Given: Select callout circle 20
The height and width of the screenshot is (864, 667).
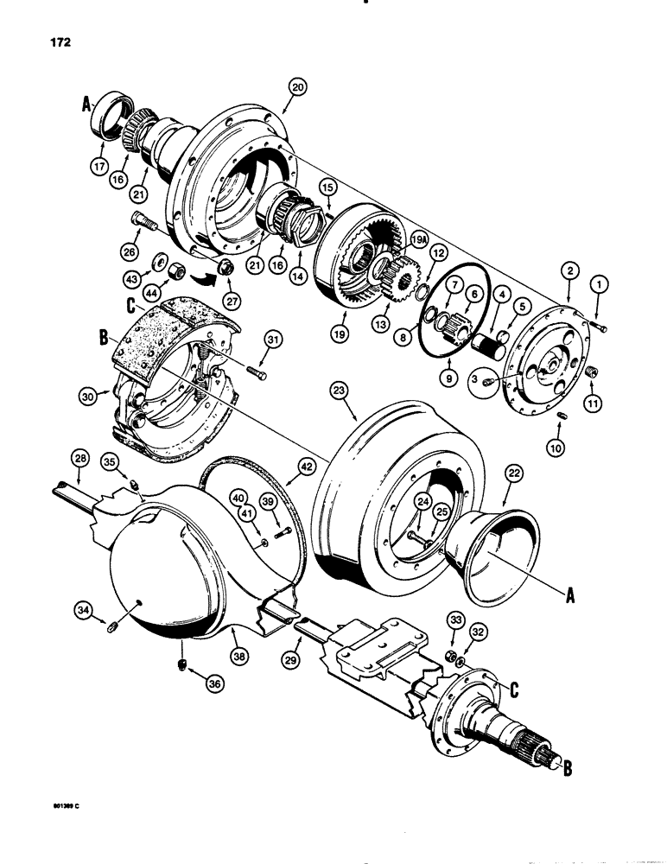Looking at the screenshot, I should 297,87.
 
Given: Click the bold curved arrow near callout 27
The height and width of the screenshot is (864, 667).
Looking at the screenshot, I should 203,278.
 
